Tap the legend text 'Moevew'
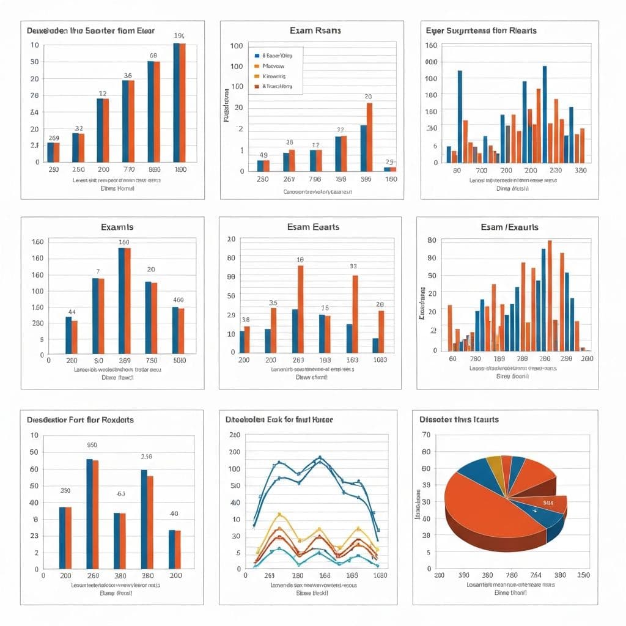tap(273, 65)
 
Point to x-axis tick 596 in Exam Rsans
tap(366, 179)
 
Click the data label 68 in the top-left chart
tap(153, 56)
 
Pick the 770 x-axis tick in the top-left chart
tap(128, 169)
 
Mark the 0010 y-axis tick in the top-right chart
tap(431, 62)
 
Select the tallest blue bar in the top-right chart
tap(460, 116)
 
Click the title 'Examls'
tap(117, 227)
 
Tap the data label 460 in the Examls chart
tap(179, 300)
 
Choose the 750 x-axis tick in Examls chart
tap(152, 360)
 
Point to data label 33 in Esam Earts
tap(353, 266)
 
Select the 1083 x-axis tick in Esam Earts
tap(380, 360)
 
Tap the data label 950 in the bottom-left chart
tap(92, 445)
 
